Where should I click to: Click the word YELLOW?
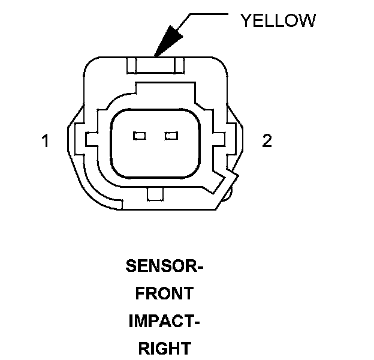pos(278,20)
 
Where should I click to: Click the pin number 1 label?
pos(45,142)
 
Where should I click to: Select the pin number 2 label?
pos(267,141)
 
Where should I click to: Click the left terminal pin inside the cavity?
pos(140,136)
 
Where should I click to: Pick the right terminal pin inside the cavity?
pos(171,136)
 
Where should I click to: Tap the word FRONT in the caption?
pos(164,293)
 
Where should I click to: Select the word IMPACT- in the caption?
pos(164,320)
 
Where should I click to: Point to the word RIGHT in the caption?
pos(164,348)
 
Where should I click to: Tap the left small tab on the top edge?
pos(132,63)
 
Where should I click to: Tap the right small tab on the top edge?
pos(179,63)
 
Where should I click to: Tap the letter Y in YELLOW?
pos(246,20)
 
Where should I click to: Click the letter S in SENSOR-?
pos(131,265)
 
